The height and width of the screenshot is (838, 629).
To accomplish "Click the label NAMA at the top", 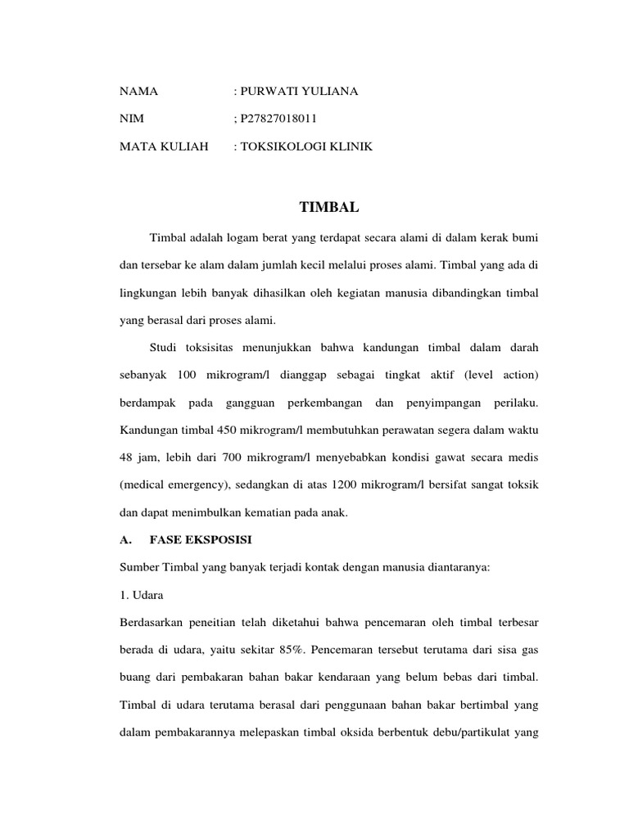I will tap(138, 92).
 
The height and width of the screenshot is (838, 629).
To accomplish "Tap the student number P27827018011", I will tap(278, 119).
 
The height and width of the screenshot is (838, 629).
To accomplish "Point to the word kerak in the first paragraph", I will tap(481, 237).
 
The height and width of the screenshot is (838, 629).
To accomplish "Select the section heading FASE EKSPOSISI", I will tap(202, 542).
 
